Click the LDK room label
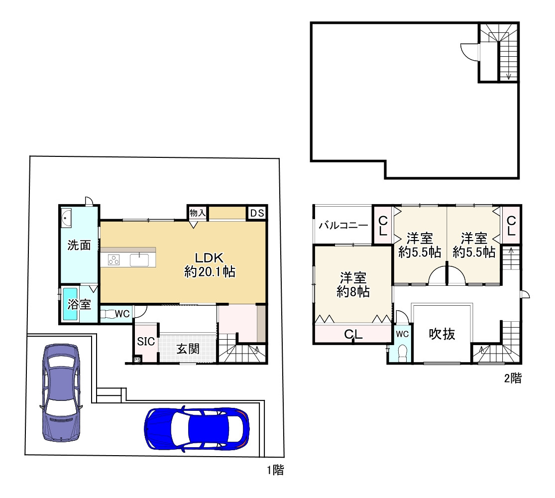click(x=209, y=257)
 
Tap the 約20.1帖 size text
click(x=210, y=272)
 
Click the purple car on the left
click(x=61, y=393)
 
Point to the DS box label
click(x=257, y=213)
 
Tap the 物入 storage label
click(x=198, y=213)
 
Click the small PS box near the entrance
click(x=137, y=360)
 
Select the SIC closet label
click(x=146, y=342)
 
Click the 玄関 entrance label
click(x=188, y=349)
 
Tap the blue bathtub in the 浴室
click(x=70, y=304)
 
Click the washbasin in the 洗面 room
click(x=66, y=217)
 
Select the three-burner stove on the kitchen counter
click(x=114, y=260)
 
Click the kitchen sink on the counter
click(x=139, y=259)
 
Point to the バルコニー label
click(x=343, y=225)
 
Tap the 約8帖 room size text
click(x=353, y=291)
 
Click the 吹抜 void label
click(x=442, y=334)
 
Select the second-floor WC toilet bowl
click(x=403, y=353)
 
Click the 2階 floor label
click(x=513, y=378)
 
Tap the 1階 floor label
click(x=275, y=470)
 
